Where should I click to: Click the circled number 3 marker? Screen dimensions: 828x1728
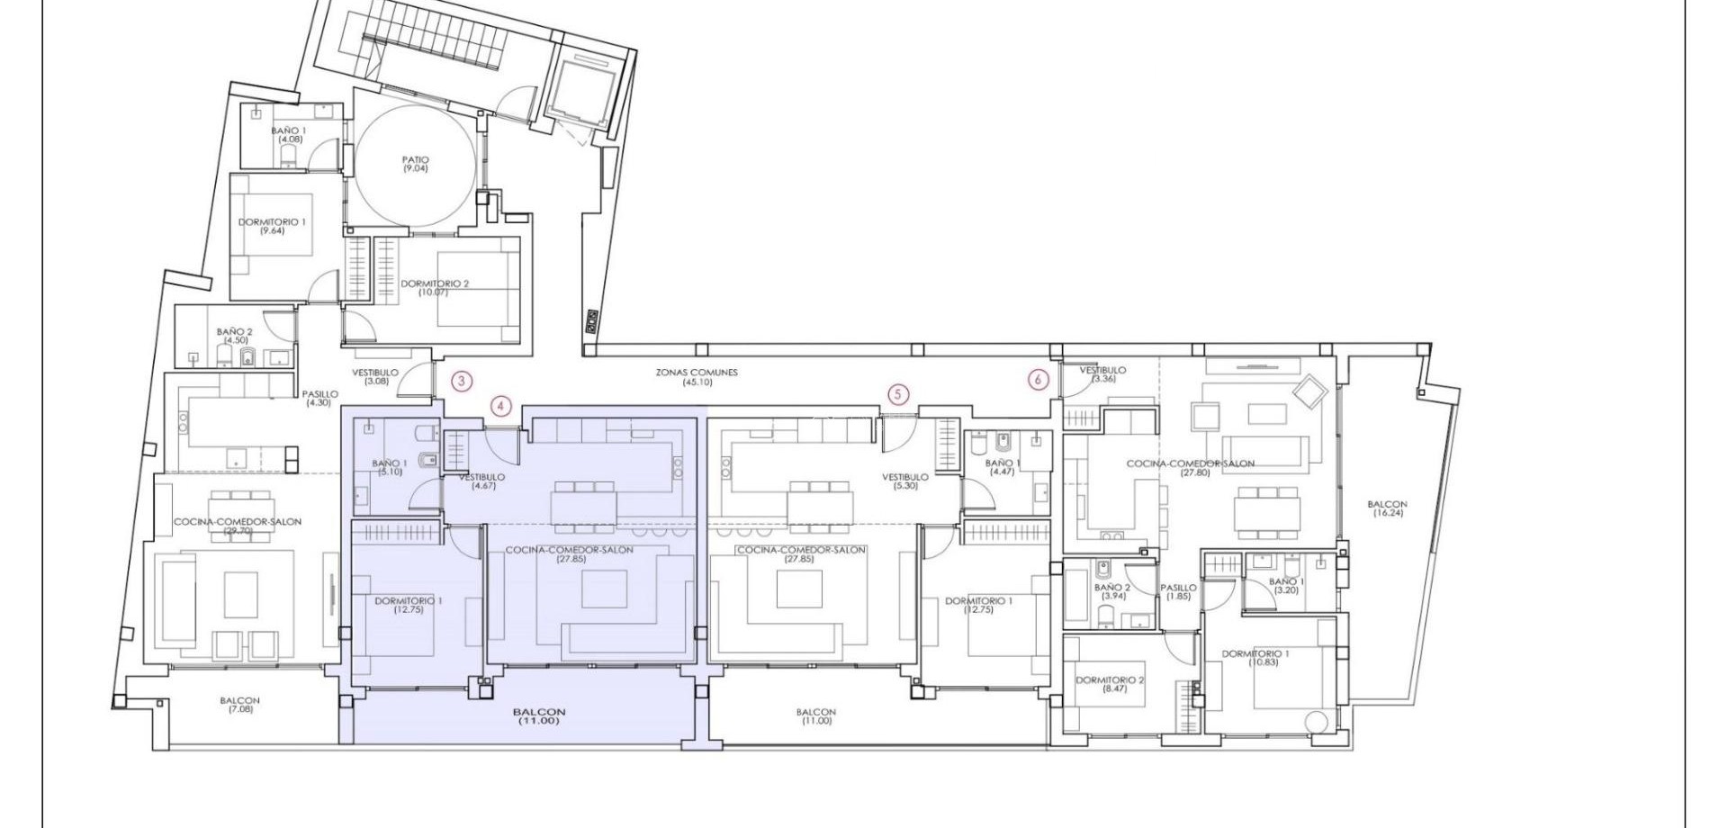(461, 381)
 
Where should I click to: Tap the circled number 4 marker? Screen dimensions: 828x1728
(501, 406)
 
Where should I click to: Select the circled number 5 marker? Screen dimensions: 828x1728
(897, 394)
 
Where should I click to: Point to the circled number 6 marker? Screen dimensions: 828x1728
(1038, 380)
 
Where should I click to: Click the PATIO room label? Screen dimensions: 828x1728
(415, 164)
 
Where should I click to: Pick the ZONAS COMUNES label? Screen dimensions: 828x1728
(697, 376)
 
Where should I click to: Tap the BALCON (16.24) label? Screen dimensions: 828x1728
(1387, 508)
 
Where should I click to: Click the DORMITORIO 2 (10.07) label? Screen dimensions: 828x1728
(435, 287)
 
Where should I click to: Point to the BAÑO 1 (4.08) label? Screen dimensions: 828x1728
(289, 135)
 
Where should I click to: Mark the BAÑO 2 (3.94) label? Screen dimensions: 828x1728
(1112, 591)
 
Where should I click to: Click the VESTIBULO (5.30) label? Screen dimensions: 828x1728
(904, 481)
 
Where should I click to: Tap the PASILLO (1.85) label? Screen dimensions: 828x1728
(1178, 591)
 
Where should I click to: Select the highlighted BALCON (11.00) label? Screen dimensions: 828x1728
(539, 715)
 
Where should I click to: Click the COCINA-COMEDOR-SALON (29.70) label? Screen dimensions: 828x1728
(238, 526)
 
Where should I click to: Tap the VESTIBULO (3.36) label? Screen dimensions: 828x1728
(1102, 373)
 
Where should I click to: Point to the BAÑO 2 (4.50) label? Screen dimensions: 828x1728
(234, 336)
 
